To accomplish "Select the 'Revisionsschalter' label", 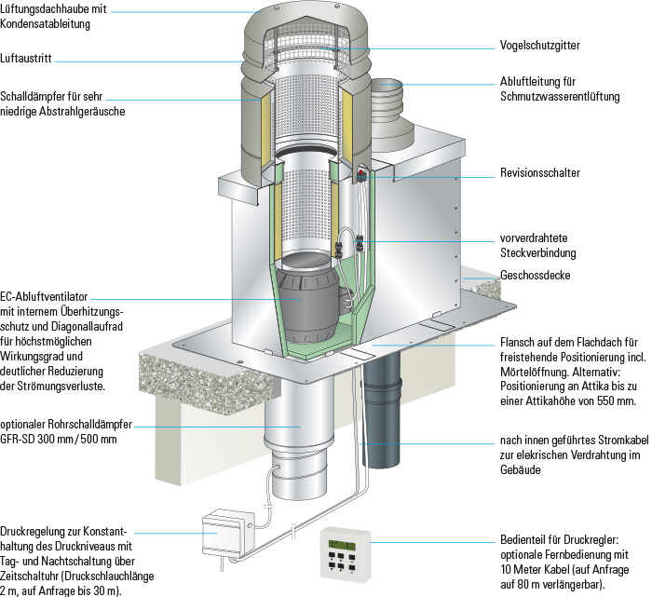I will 539,173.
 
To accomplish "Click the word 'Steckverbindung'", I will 537,253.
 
